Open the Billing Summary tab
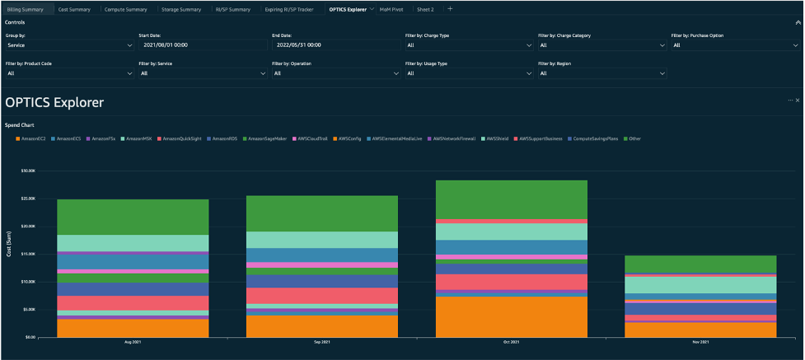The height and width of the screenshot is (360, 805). pos(26,9)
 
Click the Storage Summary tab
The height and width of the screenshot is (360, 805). pos(180,9)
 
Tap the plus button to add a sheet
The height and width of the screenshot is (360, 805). pos(450,9)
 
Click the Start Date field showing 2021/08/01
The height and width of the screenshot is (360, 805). pos(202,44)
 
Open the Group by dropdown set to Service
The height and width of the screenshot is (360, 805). pos(69,44)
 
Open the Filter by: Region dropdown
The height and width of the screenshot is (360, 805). pos(601,73)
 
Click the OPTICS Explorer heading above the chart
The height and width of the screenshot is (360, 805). pos(54,103)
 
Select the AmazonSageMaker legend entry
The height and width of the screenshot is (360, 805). pos(265,138)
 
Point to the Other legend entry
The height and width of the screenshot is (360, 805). pos(634,138)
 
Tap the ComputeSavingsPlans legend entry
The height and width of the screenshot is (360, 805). pos(593,138)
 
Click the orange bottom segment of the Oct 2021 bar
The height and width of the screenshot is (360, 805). pos(511,316)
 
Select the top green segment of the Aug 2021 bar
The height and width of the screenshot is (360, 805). pos(133,217)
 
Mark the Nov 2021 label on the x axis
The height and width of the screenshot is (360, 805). pos(700,342)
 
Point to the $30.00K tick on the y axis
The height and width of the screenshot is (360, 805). pos(27,171)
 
